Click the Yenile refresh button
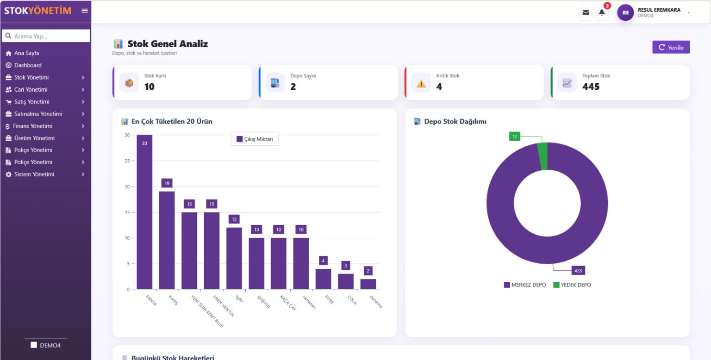[x=671, y=47]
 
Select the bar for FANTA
[x=144, y=212]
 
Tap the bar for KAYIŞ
[x=167, y=240]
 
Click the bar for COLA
[x=346, y=281]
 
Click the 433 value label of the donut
[x=578, y=271]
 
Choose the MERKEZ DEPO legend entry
[x=525, y=285]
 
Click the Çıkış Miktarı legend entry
[x=255, y=139]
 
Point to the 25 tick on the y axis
[x=127, y=161]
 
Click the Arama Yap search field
[x=46, y=36]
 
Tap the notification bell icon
[x=602, y=12]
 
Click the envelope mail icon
[x=586, y=12]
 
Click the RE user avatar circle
[x=625, y=12]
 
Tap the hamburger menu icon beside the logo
[x=84, y=11]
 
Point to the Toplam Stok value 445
[x=591, y=87]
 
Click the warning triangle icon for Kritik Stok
[x=421, y=83]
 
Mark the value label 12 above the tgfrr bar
[x=234, y=219]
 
